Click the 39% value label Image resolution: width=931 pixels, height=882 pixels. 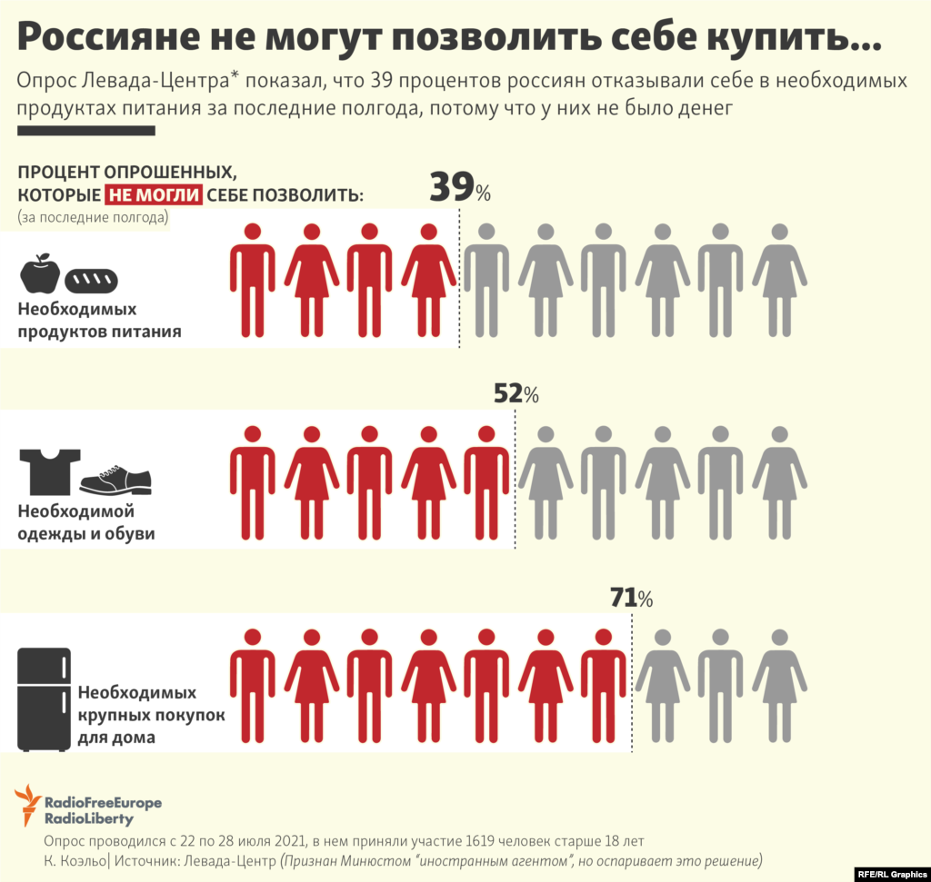coord(459,188)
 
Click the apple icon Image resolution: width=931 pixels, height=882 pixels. coord(40,273)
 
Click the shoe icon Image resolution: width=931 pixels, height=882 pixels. coord(115,480)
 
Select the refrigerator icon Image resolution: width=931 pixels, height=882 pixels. coord(45,699)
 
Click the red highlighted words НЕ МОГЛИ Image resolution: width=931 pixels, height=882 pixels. coord(153,195)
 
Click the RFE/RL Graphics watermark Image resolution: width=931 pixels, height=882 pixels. coord(891,874)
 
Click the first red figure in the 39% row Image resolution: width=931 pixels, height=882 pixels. coord(252,280)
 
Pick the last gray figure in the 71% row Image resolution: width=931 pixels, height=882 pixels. coord(779,686)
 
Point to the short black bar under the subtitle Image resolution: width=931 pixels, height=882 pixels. coord(86,131)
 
